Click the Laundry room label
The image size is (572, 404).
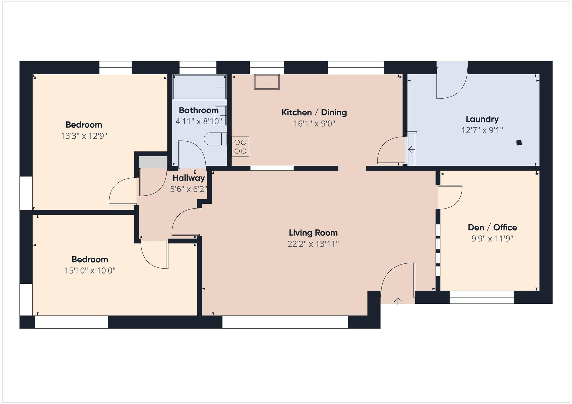[482, 119]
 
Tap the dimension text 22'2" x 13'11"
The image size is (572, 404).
[313, 244]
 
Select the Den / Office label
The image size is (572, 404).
[492, 227]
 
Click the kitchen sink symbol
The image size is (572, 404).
[267, 82]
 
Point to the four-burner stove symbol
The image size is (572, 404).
[240, 147]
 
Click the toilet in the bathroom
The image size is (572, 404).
[214, 139]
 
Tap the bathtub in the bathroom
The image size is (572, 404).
[199, 87]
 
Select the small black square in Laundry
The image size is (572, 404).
[519, 143]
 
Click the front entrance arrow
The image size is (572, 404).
[398, 301]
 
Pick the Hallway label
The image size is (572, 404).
[189, 178]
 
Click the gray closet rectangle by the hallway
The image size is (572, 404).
[153, 162]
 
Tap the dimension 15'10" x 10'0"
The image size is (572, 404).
[90, 271]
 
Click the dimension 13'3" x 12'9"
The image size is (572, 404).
[84, 136]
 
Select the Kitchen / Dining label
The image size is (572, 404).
[314, 112]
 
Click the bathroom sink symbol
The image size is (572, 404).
[220, 115]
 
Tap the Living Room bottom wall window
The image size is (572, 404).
[285, 322]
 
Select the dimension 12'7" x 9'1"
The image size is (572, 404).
[482, 130]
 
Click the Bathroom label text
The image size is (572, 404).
[198, 110]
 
